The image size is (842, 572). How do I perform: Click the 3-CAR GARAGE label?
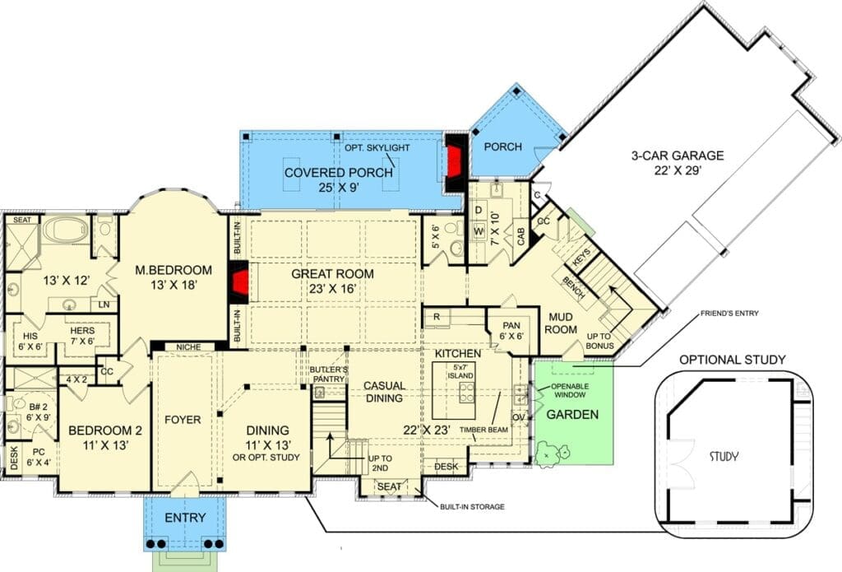[x=678, y=156]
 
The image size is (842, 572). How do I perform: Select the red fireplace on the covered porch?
[x=454, y=162]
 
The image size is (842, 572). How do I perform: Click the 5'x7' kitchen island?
[x=454, y=391]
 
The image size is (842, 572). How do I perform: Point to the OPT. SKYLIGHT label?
[x=377, y=148]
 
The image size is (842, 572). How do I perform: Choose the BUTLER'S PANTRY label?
[x=329, y=374]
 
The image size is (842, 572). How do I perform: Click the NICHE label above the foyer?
[x=188, y=347]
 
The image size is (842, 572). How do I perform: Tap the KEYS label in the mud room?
[x=582, y=257]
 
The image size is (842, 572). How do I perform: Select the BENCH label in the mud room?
[x=574, y=288]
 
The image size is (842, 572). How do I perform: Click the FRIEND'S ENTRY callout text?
[x=729, y=314]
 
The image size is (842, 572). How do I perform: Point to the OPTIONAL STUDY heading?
[x=733, y=360]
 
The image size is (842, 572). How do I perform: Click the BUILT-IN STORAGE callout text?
[x=472, y=506]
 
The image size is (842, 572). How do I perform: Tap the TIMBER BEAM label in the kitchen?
[x=483, y=430]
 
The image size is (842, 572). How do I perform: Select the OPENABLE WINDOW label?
[x=570, y=390]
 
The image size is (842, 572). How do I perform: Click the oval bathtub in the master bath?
[x=65, y=230]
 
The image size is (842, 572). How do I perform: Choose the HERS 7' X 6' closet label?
[x=82, y=336]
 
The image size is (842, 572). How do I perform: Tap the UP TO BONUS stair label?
[x=599, y=341]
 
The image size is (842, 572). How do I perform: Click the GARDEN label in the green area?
[x=572, y=415]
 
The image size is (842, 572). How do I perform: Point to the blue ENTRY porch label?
[x=185, y=518]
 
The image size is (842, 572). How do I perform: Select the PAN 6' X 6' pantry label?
[x=511, y=331]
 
